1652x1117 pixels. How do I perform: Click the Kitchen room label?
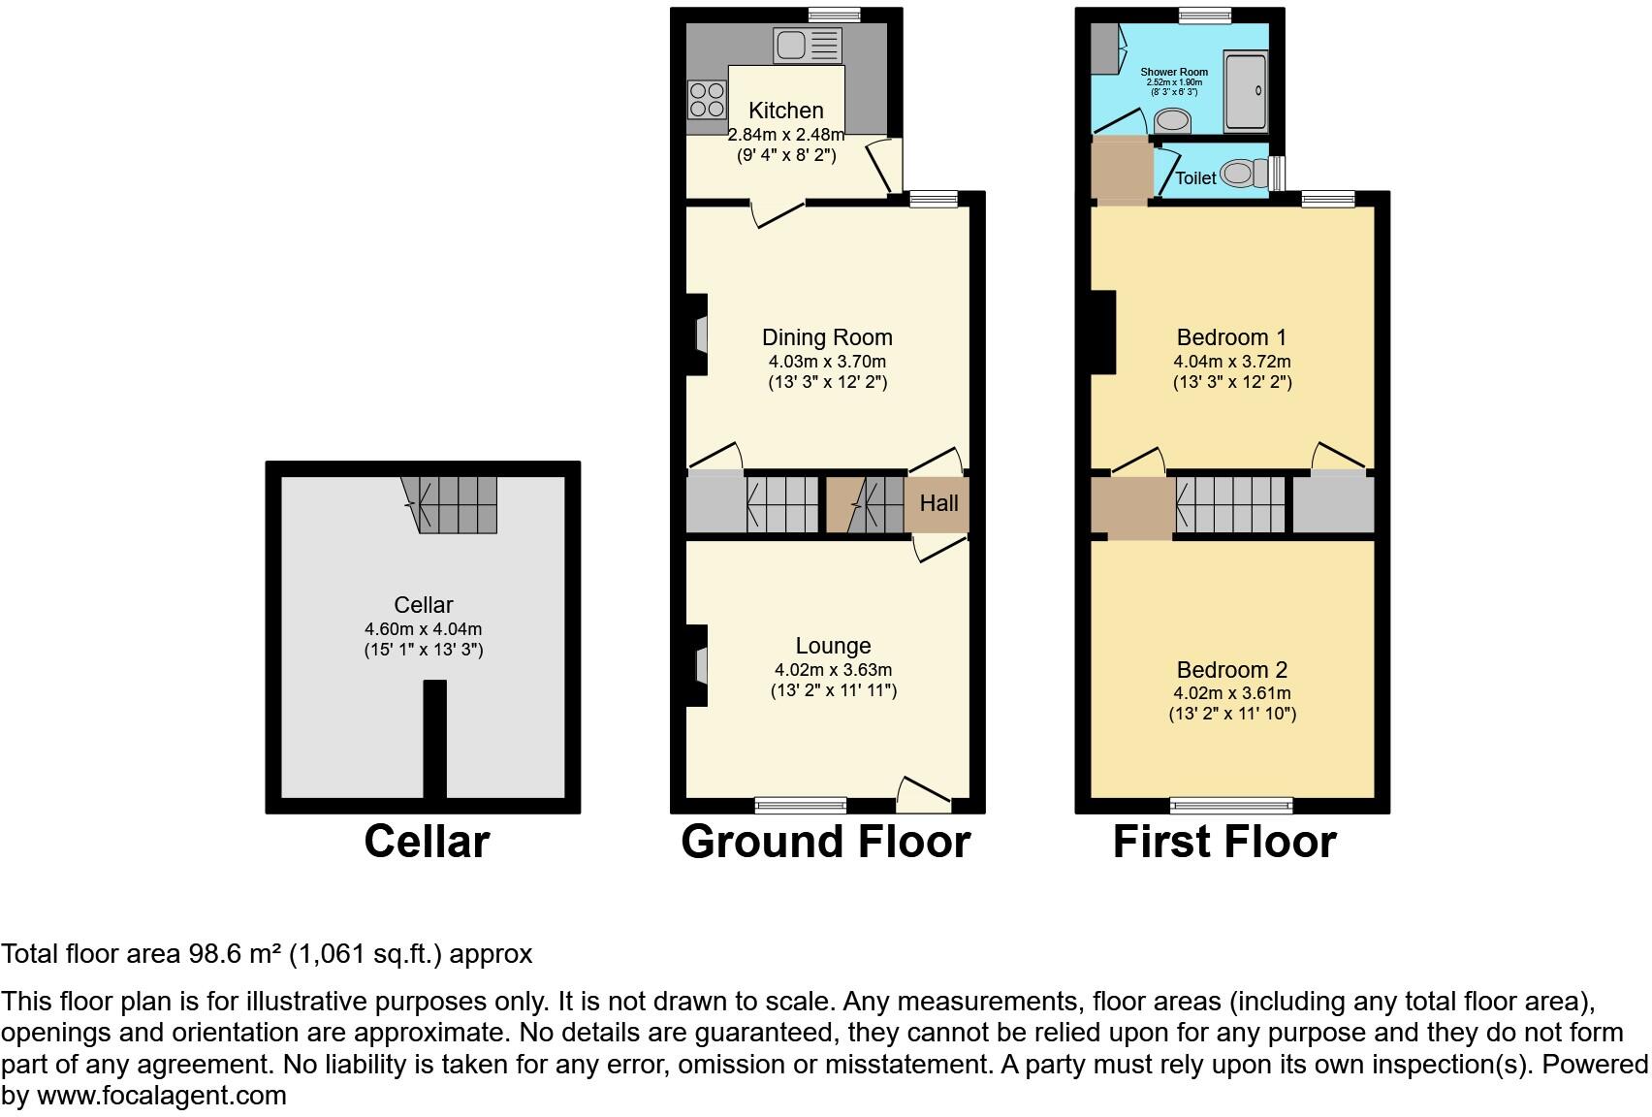pyautogui.click(x=785, y=111)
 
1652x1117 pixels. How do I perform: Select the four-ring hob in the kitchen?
pyautogui.click(x=707, y=99)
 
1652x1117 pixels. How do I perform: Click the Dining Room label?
pyautogui.click(x=827, y=337)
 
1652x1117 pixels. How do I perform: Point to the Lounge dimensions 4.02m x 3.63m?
pyautogui.click(x=833, y=670)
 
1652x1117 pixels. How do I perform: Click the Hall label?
pyautogui.click(x=938, y=503)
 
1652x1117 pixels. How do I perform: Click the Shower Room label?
pyautogui.click(x=1174, y=72)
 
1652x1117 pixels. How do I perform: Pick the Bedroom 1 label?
pyautogui.click(x=1231, y=337)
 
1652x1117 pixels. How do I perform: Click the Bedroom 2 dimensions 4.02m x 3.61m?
pyautogui.click(x=1231, y=693)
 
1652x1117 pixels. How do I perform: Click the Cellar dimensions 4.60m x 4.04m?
pyautogui.click(x=423, y=629)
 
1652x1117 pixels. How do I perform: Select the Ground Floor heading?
pyautogui.click(x=825, y=842)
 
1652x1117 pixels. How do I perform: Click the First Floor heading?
pyautogui.click(x=1224, y=842)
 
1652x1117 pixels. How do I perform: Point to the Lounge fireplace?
pyautogui.click(x=697, y=665)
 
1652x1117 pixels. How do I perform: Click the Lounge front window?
pyautogui.click(x=801, y=804)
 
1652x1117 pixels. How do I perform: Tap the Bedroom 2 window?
pyautogui.click(x=1231, y=804)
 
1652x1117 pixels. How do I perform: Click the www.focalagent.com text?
pyautogui.click(x=162, y=1096)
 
